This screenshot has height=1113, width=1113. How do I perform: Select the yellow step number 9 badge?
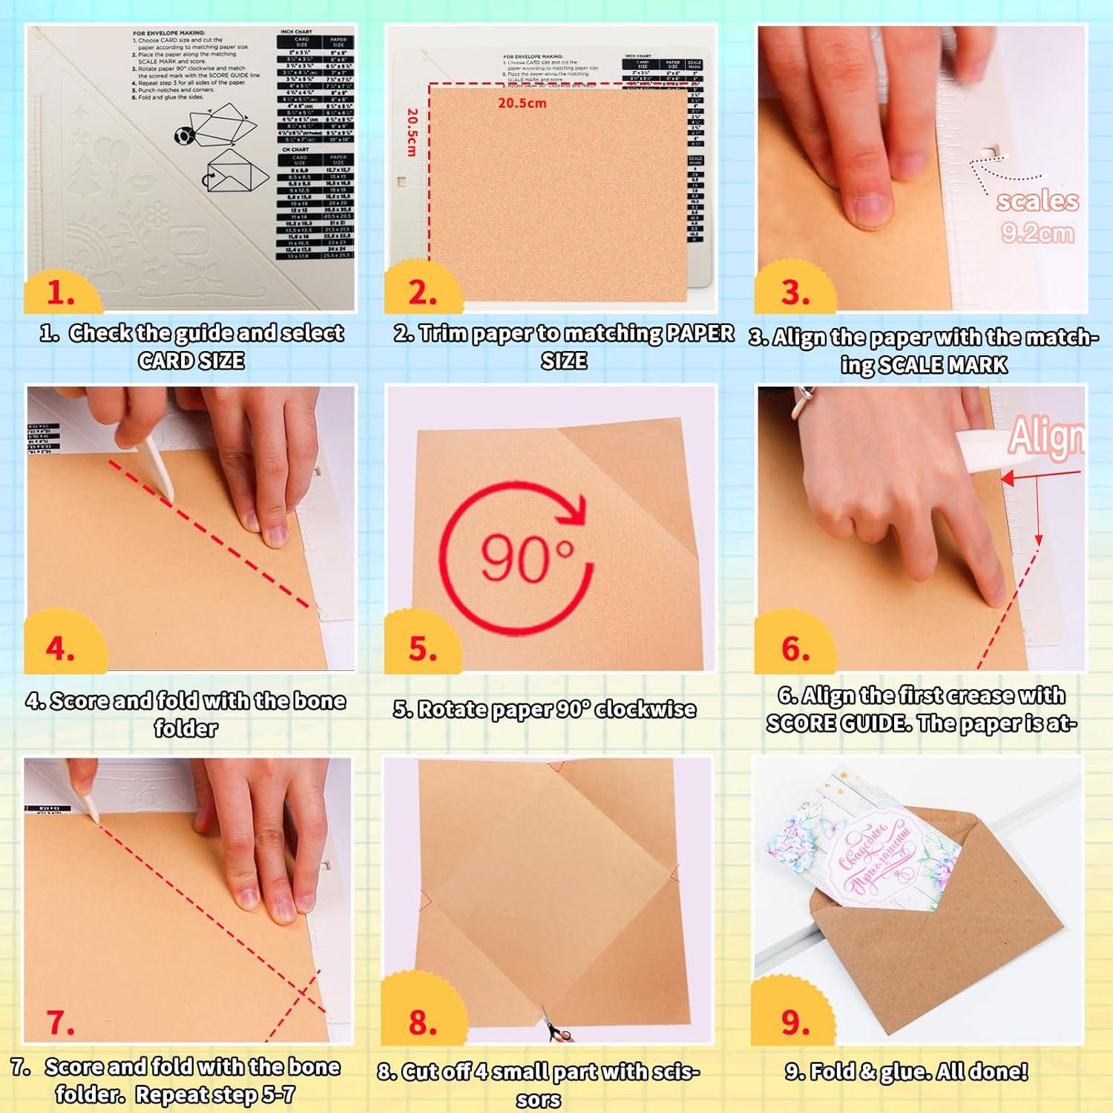(795, 1022)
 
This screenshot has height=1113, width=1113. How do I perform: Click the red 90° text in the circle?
(528, 557)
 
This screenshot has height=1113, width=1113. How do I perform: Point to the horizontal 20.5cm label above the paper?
(522, 103)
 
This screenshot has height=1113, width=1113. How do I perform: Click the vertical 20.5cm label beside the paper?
(413, 133)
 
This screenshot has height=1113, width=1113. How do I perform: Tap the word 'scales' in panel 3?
(1037, 201)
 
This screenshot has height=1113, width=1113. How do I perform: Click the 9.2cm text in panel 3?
(1037, 234)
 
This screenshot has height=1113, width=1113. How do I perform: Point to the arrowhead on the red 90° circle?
(574, 510)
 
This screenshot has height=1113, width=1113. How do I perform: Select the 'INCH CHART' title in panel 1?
(296, 32)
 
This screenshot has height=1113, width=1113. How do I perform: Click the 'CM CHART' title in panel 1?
(295, 149)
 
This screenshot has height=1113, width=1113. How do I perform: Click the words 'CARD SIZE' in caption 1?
(191, 361)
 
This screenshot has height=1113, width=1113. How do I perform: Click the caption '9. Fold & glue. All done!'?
(906, 1071)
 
